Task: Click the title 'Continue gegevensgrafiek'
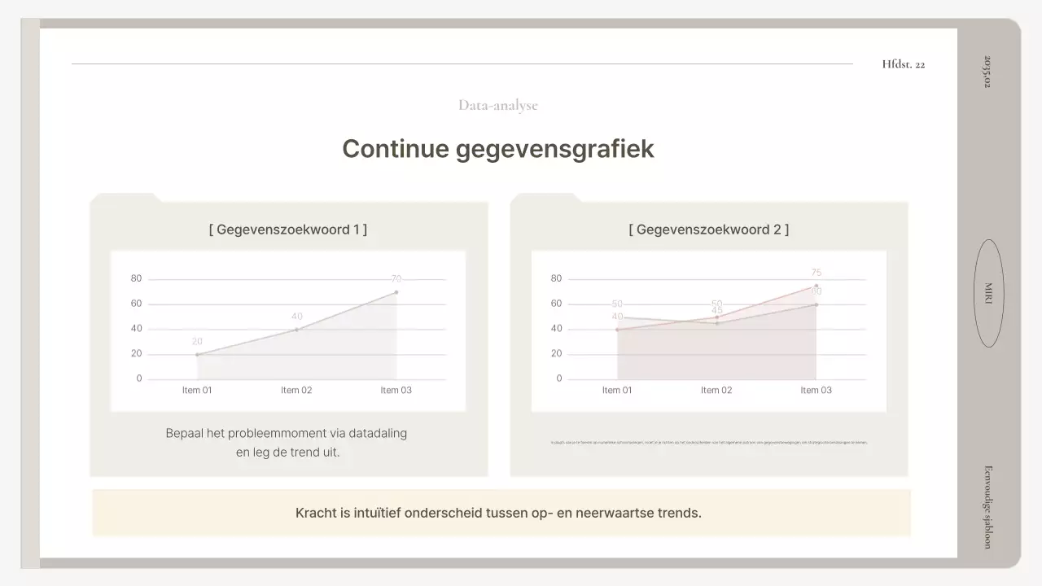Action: click(x=497, y=149)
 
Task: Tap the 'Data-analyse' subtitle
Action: click(x=497, y=105)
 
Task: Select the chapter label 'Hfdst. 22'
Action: click(x=903, y=64)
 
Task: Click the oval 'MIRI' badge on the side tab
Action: click(x=988, y=293)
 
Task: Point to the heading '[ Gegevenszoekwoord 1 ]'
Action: click(x=287, y=230)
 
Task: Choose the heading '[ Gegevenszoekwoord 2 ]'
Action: click(x=708, y=230)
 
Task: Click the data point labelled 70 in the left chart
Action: click(x=396, y=292)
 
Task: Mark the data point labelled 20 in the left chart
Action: click(x=197, y=354)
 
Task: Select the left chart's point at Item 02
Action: click(x=296, y=330)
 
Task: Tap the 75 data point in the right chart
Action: click(x=816, y=286)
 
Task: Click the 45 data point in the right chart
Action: click(x=716, y=323)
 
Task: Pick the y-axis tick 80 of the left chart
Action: click(x=136, y=279)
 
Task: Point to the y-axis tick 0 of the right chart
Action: click(x=559, y=378)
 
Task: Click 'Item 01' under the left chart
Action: click(x=197, y=391)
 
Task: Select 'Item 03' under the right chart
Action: click(x=816, y=391)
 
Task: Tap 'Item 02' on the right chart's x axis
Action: click(x=716, y=391)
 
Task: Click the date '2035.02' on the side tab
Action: click(x=987, y=72)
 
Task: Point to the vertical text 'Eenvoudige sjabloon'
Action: click(x=987, y=506)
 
